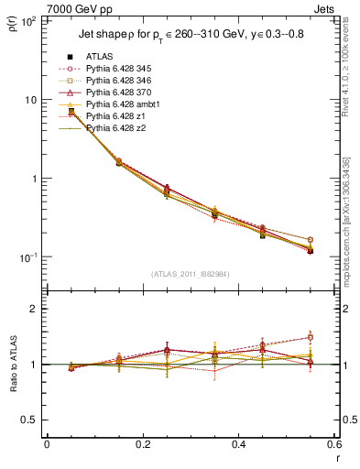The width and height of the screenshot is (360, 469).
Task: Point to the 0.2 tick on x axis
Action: (142, 445)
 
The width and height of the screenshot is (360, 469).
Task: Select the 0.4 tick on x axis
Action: (237, 445)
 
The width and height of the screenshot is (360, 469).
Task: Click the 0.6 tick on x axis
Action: (333, 445)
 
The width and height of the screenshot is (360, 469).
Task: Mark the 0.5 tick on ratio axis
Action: (32, 420)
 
